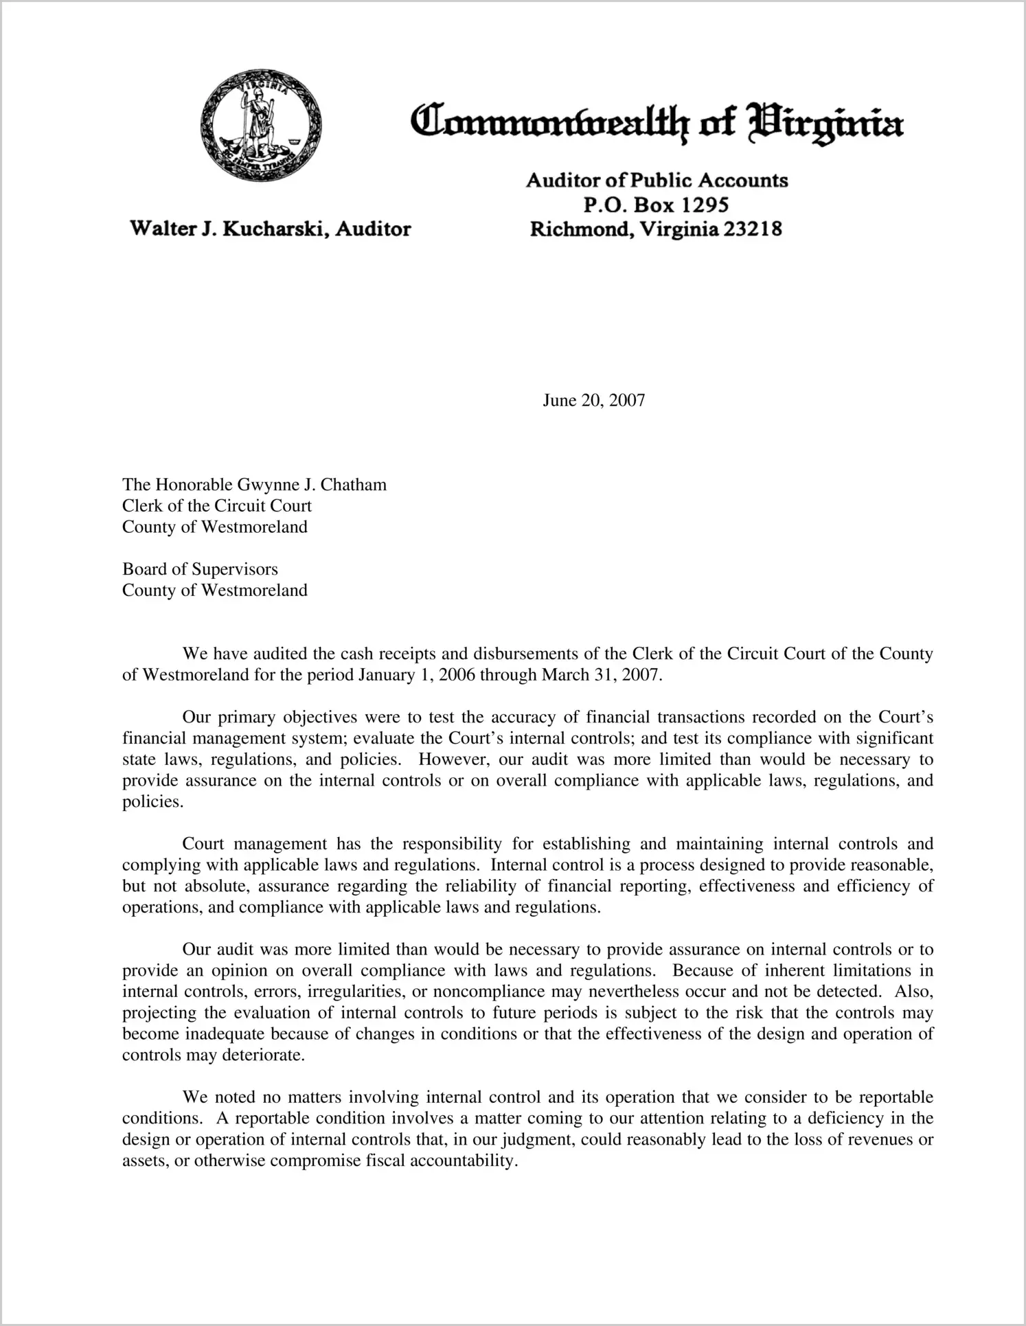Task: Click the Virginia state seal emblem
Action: (x=260, y=126)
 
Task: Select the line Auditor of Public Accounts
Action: (x=657, y=181)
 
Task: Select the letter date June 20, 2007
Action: (x=593, y=400)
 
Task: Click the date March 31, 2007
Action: (x=602, y=675)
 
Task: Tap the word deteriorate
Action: (x=262, y=1055)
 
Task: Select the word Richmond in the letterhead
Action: (x=579, y=229)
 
